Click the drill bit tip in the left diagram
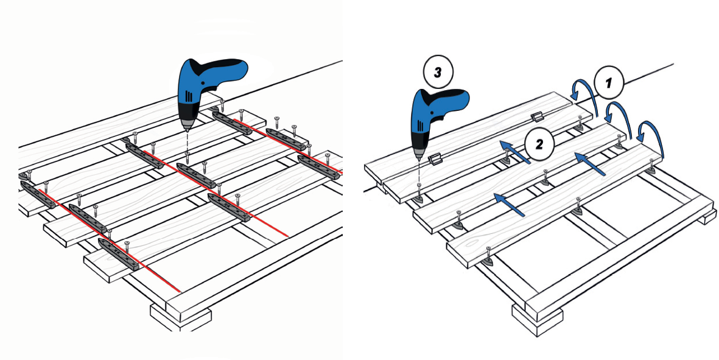coord(187,130)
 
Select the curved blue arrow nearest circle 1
coord(580,91)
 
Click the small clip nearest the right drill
coord(434,160)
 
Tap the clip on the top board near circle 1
coord(536,116)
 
